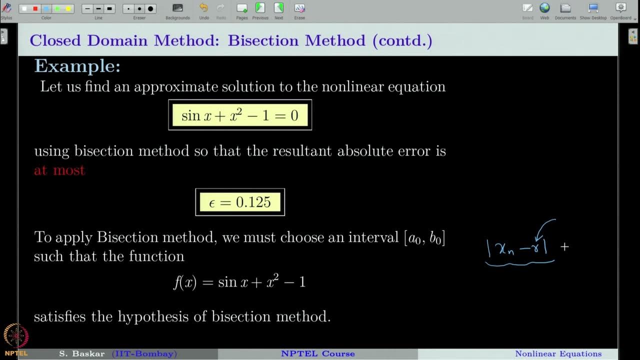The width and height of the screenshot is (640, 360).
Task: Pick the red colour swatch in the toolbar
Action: point(35,9)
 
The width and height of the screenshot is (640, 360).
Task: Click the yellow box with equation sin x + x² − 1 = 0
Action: point(240,115)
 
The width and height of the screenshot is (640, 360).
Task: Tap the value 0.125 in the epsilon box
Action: point(253,202)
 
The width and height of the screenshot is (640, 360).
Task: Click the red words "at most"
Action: point(59,170)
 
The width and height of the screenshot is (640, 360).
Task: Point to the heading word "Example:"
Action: point(77,66)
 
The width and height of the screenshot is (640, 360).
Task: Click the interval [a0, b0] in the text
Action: point(424,237)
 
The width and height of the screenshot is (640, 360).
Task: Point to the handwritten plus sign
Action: point(564,246)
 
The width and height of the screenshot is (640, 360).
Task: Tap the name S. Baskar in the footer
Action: point(81,354)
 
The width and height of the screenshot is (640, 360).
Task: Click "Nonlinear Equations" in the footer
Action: point(558,354)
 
